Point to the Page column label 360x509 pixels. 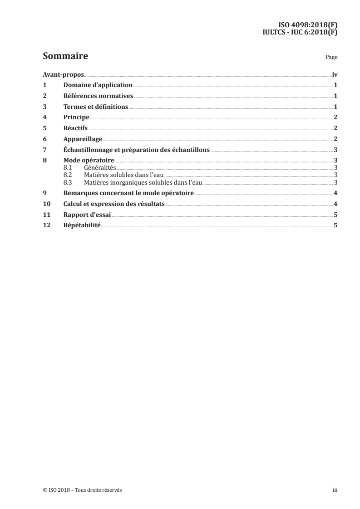tap(331, 58)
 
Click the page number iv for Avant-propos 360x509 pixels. tap(335, 74)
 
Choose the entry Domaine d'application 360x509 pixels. tap(98, 85)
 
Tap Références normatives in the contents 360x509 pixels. tap(98, 96)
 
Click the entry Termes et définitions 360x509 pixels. tap(96, 107)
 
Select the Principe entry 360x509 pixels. tap(76, 117)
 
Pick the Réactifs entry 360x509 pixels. tap(75, 128)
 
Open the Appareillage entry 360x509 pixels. tap(83, 139)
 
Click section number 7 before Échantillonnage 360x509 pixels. tap(44, 150)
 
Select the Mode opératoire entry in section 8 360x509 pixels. tap(89, 161)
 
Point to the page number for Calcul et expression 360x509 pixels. tap(335, 204)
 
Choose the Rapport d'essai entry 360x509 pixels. tap(87, 215)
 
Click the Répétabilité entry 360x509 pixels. tap(82, 226)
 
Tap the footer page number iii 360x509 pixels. tap(335, 490)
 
